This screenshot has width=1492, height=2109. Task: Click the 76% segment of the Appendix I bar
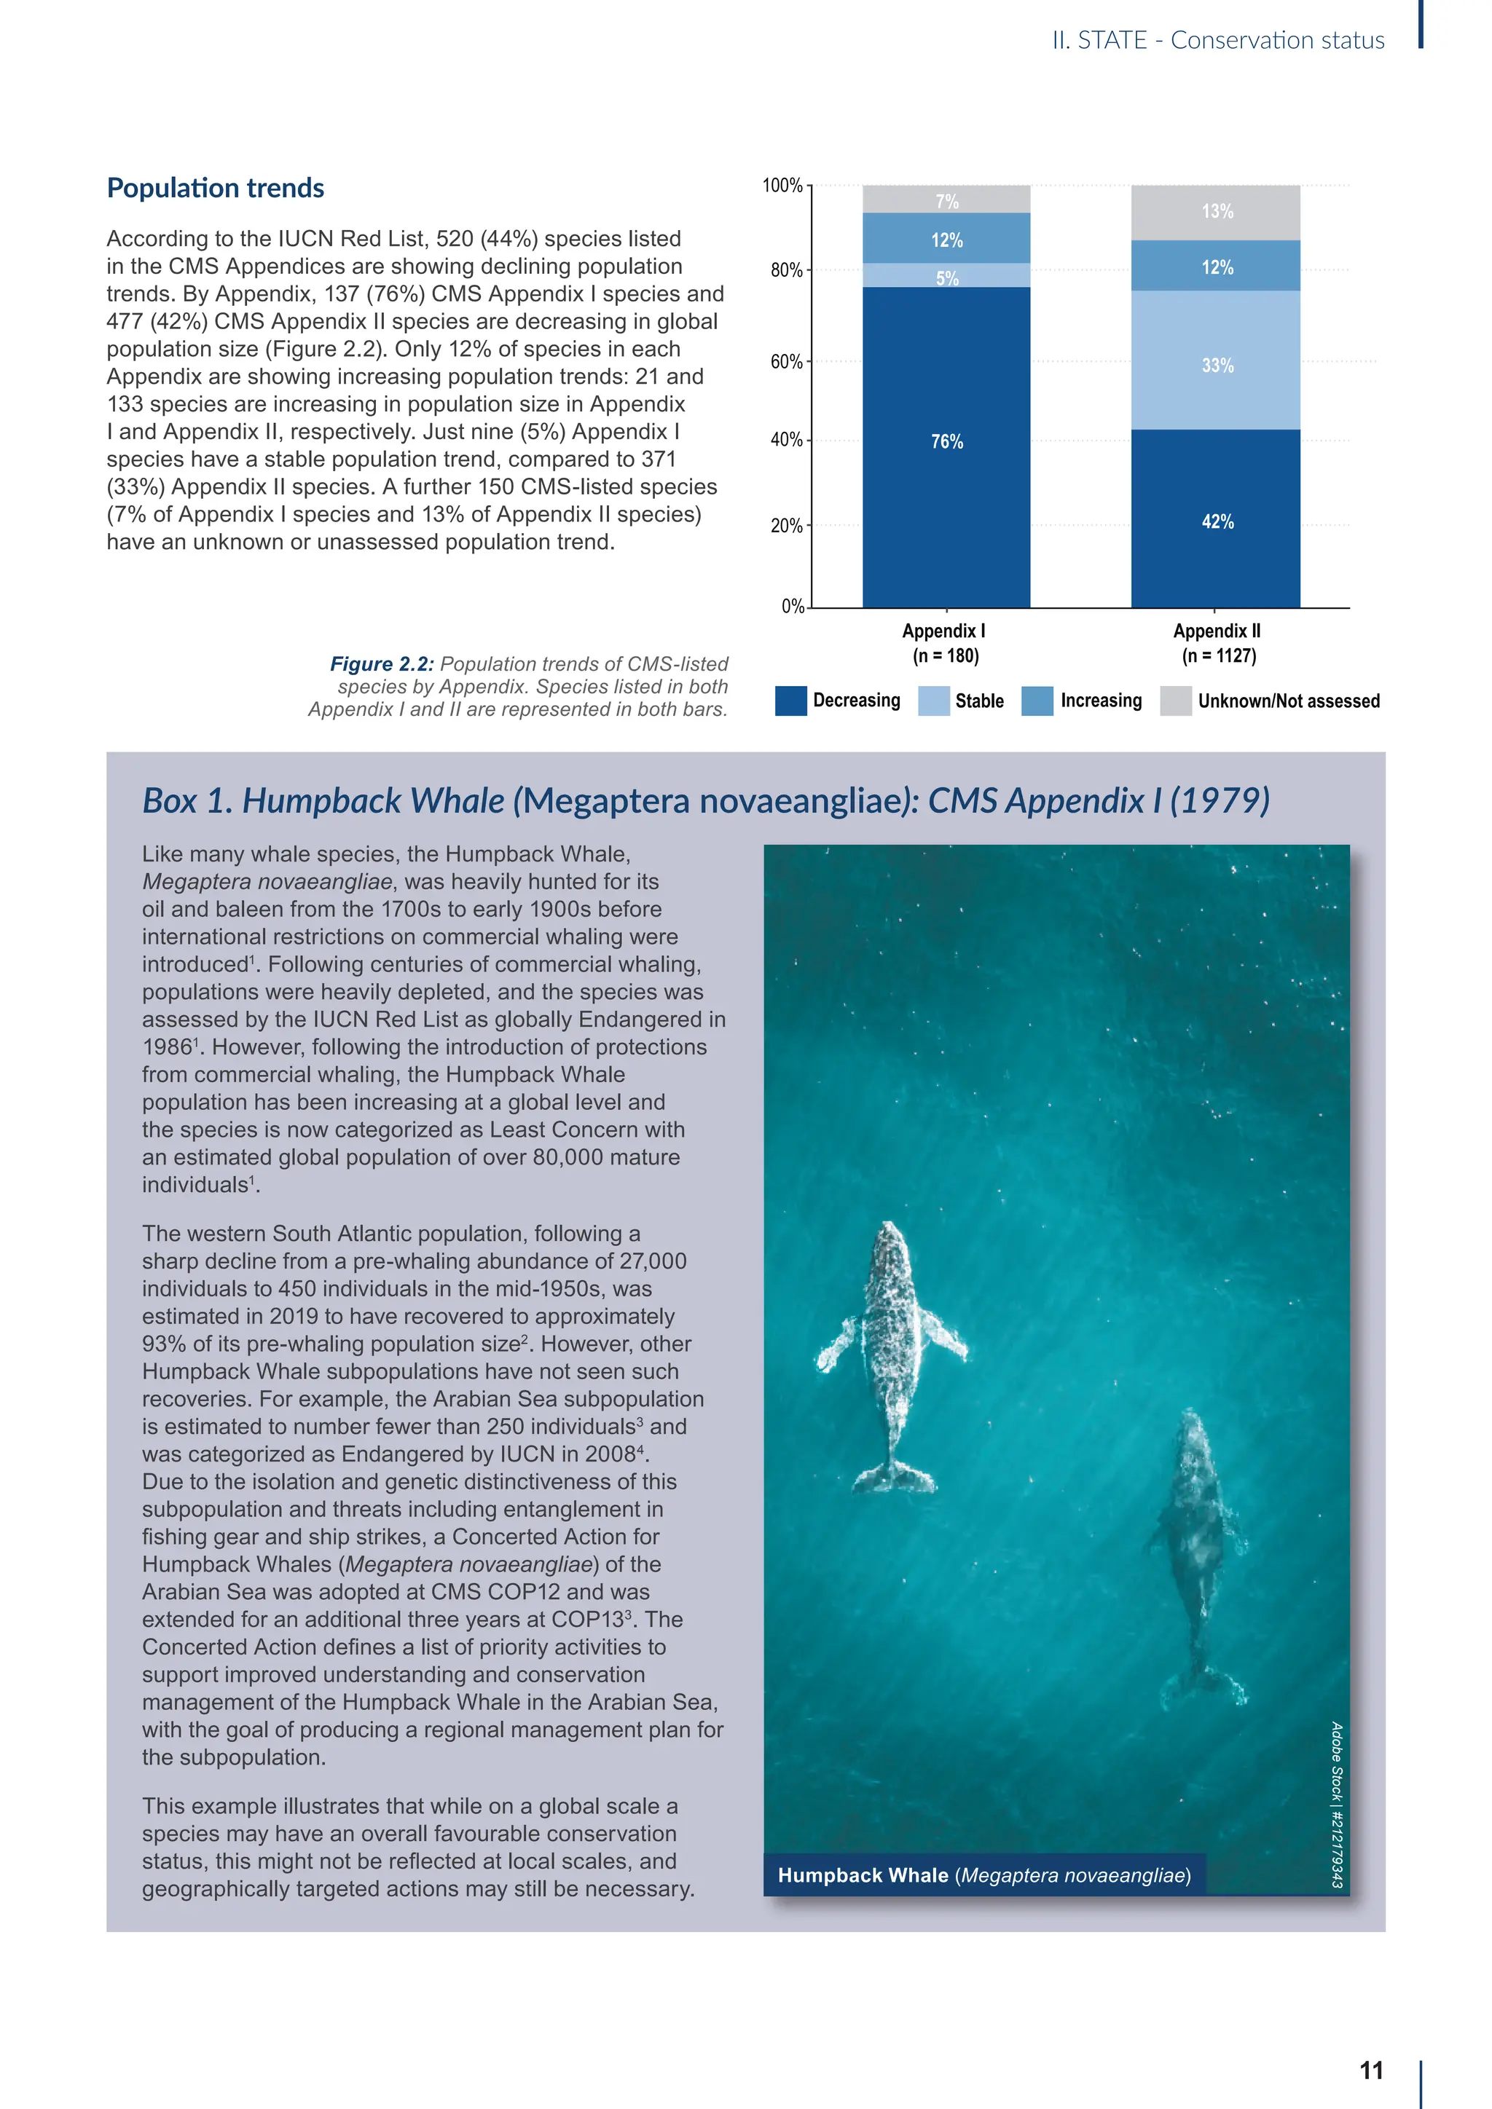tap(946, 446)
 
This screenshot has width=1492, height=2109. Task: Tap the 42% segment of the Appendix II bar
tap(1215, 519)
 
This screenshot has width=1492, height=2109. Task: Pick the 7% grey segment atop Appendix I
tap(946, 200)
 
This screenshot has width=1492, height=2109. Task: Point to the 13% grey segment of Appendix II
tap(1215, 212)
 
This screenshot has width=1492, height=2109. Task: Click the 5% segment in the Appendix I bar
tap(946, 275)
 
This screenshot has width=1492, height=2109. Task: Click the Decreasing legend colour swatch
tap(791, 701)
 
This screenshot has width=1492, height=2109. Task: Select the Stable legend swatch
tap(933, 701)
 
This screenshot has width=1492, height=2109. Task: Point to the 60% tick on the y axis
tap(788, 362)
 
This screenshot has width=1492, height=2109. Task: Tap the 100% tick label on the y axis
tap(782, 186)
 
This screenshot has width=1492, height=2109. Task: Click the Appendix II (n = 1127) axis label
tap(1217, 643)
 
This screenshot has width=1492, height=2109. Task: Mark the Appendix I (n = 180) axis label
tap(944, 643)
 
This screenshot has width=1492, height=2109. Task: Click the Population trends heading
tap(216, 189)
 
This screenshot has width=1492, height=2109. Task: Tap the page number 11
tap(1371, 2070)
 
